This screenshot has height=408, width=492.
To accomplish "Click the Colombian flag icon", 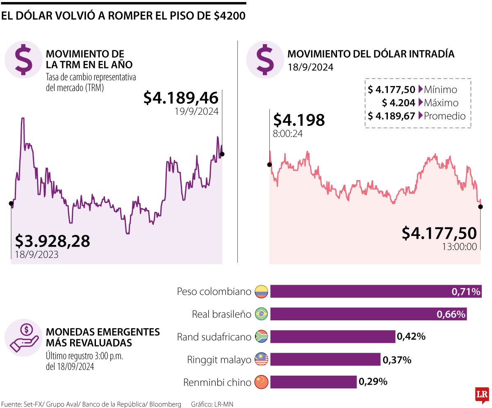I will tap(261, 292).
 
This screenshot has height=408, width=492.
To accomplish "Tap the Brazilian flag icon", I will tap(261, 314).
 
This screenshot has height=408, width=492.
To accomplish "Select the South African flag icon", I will tap(261, 337).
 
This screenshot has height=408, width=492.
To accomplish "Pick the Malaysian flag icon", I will tap(261, 360).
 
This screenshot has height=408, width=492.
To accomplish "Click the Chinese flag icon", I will tap(261, 382).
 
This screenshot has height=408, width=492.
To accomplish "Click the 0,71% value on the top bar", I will tap(465, 292).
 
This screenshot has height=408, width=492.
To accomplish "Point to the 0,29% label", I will tap(373, 382).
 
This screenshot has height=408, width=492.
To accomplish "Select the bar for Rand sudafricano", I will tap(332, 337).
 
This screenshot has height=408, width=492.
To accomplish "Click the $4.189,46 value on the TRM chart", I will tap(181, 98).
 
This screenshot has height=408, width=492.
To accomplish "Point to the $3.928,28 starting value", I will tap(52, 241).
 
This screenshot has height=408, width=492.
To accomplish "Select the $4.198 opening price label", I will tap(299, 120).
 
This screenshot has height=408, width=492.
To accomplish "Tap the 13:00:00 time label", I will tap(459, 247).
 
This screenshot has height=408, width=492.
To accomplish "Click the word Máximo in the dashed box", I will tap(441, 103).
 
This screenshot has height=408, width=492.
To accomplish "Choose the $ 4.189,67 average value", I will tap(391, 116).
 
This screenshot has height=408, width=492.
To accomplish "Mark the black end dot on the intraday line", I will tap(480, 206).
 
